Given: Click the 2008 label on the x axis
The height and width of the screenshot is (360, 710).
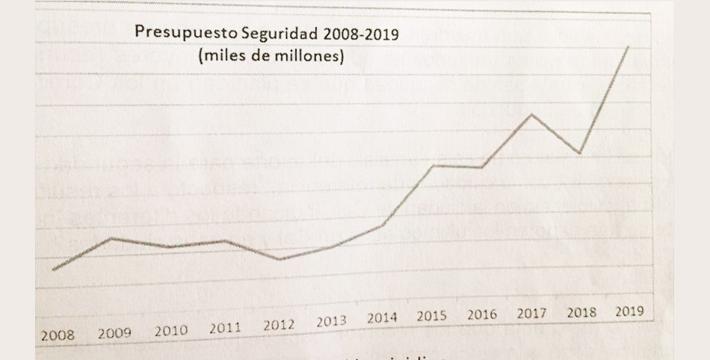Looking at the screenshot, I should coord(58,335).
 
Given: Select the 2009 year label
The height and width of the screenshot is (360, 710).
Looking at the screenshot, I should coord(114,332).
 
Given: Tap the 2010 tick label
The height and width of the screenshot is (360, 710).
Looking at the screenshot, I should coord(171,330).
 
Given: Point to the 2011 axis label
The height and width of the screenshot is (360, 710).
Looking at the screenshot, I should coord(225,327).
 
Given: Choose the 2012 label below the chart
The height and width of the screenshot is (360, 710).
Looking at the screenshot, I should coord(279,326).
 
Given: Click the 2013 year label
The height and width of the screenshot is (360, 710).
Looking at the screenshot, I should coord(331,322).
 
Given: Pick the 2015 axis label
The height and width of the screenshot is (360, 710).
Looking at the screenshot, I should coord(432,316).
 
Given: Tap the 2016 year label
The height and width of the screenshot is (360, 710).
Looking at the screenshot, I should coord(482,314).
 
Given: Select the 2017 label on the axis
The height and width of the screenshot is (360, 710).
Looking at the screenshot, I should coord(532,313).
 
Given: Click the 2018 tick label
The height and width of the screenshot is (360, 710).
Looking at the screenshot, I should coord(581,312).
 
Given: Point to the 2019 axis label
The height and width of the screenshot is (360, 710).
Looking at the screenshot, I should coord(629,311).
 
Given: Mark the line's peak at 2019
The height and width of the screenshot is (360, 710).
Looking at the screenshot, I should coord(628,46).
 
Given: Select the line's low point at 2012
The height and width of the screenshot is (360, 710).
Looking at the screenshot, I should coord(279,259).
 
